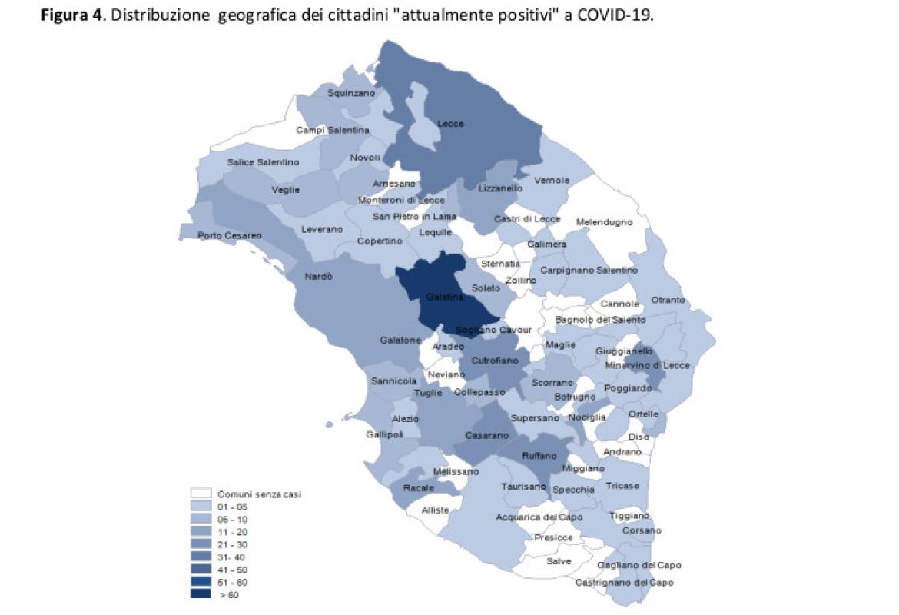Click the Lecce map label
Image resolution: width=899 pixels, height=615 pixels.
coord(451,124)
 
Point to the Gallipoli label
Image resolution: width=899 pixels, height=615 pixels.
coord(385,435)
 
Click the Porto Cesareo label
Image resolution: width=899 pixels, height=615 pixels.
coord(229,235)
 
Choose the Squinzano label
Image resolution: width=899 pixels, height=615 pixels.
coord(351,93)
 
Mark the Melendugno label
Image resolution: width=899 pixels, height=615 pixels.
coord(604,222)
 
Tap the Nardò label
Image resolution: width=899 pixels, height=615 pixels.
coord(319,277)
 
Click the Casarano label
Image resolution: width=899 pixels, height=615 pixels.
coord(487,436)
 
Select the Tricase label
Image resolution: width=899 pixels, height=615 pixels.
coord(622,486)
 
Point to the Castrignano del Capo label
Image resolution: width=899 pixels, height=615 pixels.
coord(625,583)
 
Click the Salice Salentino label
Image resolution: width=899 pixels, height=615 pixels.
coord(263,162)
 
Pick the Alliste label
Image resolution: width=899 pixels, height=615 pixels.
coord(436,510)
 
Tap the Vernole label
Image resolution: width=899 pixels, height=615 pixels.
coord(552,181)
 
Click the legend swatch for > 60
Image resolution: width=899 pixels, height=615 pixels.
coord(201,594)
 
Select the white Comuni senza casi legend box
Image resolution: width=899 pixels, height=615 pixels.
coord(201,494)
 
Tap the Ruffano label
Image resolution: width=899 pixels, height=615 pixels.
coord(539,456)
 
